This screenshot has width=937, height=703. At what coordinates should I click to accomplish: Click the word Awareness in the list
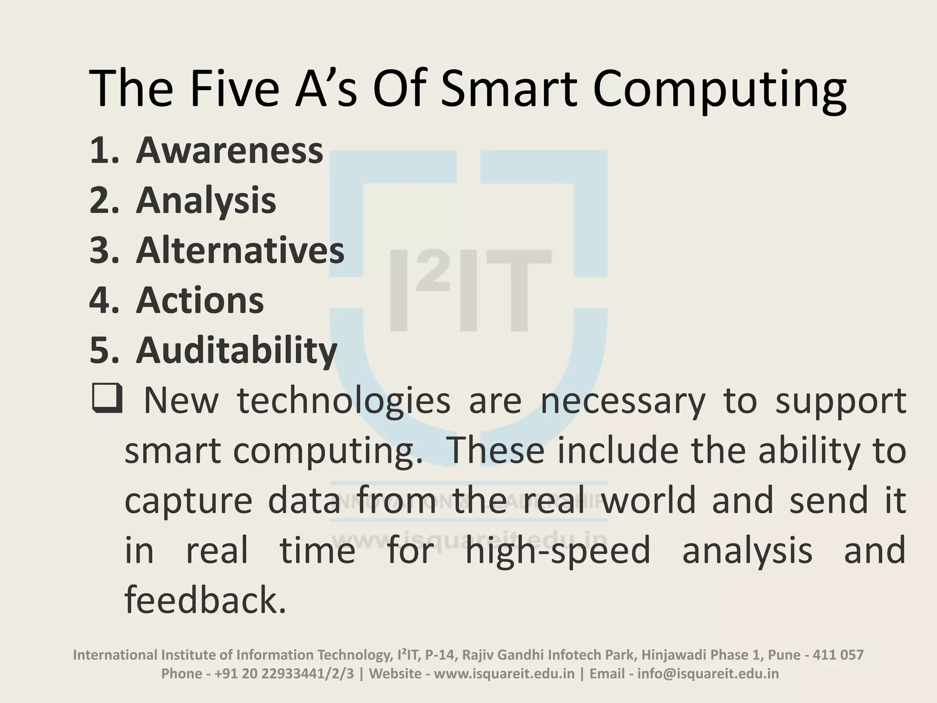pyautogui.click(x=229, y=151)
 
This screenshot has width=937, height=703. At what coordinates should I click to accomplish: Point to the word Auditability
pyautogui.click(x=237, y=351)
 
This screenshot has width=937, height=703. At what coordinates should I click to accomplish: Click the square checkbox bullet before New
pyautogui.click(x=107, y=399)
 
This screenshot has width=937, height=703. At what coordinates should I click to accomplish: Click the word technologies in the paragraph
pyautogui.click(x=344, y=400)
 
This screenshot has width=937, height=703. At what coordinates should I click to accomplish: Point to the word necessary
pyautogui.click(x=623, y=400)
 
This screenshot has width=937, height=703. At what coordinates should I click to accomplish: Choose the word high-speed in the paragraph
pyautogui.click(x=557, y=550)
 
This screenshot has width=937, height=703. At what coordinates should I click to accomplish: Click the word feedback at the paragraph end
pyautogui.click(x=205, y=600)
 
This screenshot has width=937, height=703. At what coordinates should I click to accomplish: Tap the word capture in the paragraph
pyautogui.click(x=188, y=501)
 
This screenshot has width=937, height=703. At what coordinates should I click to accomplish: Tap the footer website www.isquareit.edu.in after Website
pyautogui.click(x=504, y=674)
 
